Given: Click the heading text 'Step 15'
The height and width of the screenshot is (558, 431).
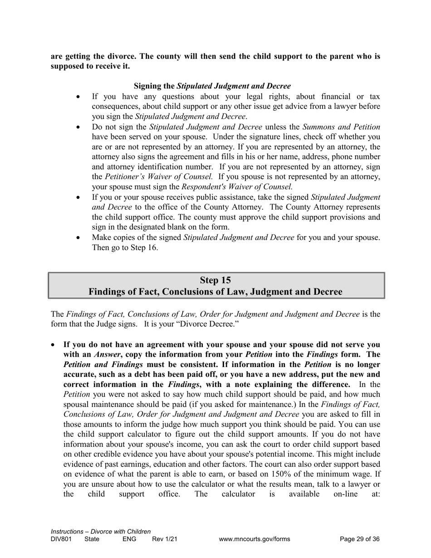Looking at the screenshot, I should point(215,280).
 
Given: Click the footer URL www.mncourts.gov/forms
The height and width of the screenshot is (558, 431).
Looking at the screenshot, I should point(254,539).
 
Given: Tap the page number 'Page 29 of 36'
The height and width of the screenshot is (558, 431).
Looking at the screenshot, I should point(360,539).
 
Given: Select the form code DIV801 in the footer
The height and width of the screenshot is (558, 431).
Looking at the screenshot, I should point(61,539).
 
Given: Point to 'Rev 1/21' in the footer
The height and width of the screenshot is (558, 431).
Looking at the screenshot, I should point(165,539).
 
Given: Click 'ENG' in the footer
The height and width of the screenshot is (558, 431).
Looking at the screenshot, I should point(129,539).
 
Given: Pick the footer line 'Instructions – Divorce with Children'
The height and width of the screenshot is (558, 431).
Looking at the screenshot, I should point(101,531).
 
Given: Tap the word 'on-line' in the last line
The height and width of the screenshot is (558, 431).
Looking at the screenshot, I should point(347,494).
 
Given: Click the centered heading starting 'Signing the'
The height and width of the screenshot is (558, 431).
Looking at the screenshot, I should point(212,86).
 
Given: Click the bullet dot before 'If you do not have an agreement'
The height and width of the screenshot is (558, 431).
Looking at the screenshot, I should point(54,345).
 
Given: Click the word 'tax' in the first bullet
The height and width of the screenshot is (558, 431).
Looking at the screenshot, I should point(374,96).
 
